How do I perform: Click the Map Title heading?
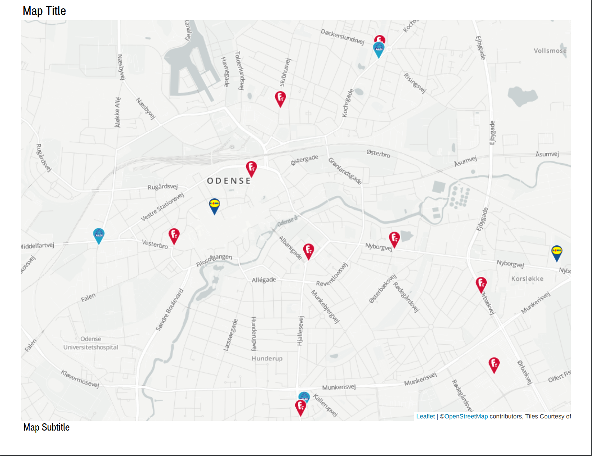click(x=44, y=11)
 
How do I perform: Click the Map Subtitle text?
click(x=46, y=427)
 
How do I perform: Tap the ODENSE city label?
click(x=229, y=181)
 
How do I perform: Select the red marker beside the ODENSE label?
click(x=251, y=168)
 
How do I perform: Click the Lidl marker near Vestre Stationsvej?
click(x=214, y=206)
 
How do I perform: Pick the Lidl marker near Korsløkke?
click(x=557, y=253)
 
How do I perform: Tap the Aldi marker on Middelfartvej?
click(x=99, y=235)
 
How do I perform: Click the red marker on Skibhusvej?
click(x=280, y=99)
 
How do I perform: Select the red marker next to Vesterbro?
click(x=174, y=236)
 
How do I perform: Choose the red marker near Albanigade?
click(x=309, y=251)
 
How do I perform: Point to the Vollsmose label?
click(x=550, y=51)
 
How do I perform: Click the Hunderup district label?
click(x=267, y=358)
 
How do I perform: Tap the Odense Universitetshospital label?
click(x=91, y=343)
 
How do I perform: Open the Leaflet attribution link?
click(x=425, y=416)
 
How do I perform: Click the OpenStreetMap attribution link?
click(x=466, y=416)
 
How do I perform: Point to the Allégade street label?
click(x=264, y=280)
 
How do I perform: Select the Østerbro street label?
click(x=378, y=153)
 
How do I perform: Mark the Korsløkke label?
click(x=527, y=278)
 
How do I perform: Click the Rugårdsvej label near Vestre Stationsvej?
click(x=162, y=187)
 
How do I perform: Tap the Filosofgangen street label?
click(x=214, y=260)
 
